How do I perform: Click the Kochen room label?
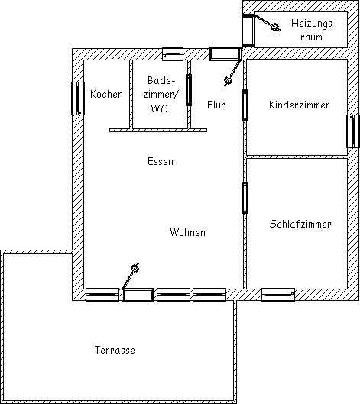106,94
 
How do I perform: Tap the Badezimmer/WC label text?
161,94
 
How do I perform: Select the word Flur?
216,105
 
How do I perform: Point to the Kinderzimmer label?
299,105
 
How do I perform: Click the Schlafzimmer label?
300,224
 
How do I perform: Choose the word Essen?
161,161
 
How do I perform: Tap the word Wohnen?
188,232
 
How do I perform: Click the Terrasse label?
115,350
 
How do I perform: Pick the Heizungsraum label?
313,30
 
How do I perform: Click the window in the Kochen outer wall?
78,99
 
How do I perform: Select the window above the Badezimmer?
173,54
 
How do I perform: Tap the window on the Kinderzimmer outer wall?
353,131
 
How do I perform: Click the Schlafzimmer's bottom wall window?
278,295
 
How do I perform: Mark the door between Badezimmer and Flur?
189,90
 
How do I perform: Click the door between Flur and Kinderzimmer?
245,105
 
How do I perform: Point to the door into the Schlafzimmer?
245,198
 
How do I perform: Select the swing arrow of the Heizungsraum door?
268,23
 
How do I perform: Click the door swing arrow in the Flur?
233,73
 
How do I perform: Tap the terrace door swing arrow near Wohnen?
131,276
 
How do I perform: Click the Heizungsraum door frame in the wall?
248,30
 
